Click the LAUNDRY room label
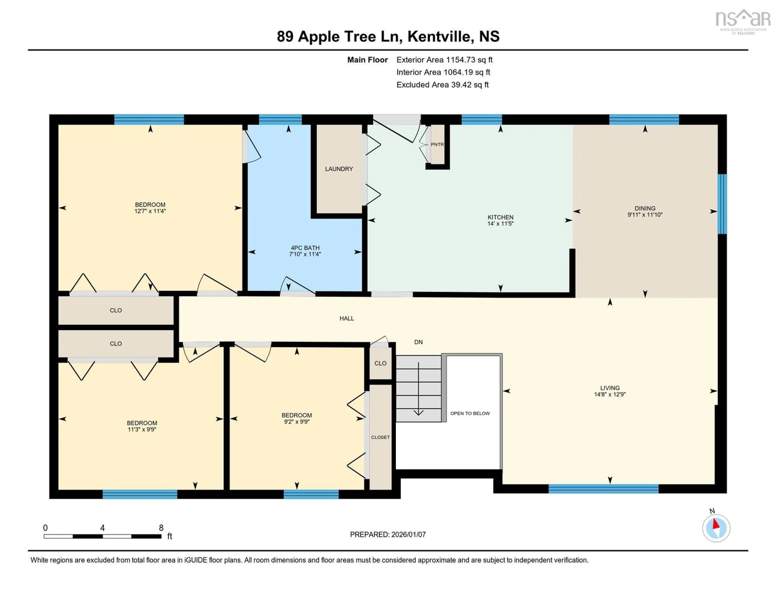(x=339, y=169)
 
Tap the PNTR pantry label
(x=437, y=145)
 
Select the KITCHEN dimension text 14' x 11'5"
(x=500, y=224)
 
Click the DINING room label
(x=645, y=208)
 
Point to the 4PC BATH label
(x=305, y=248)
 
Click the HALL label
(x=346, y=318)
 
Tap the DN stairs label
(x=418, y=342)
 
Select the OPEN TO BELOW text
(x=470, y=413)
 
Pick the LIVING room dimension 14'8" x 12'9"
(x=610, y=394)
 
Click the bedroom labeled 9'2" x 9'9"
(x=297, y=419)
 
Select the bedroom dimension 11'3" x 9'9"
(x=142, y=430)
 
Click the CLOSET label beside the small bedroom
(x=380, y=437)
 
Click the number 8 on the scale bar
(x=161, y=528)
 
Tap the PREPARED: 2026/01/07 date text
(x=388, y=534)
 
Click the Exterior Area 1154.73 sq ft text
(x=444, y=60)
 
